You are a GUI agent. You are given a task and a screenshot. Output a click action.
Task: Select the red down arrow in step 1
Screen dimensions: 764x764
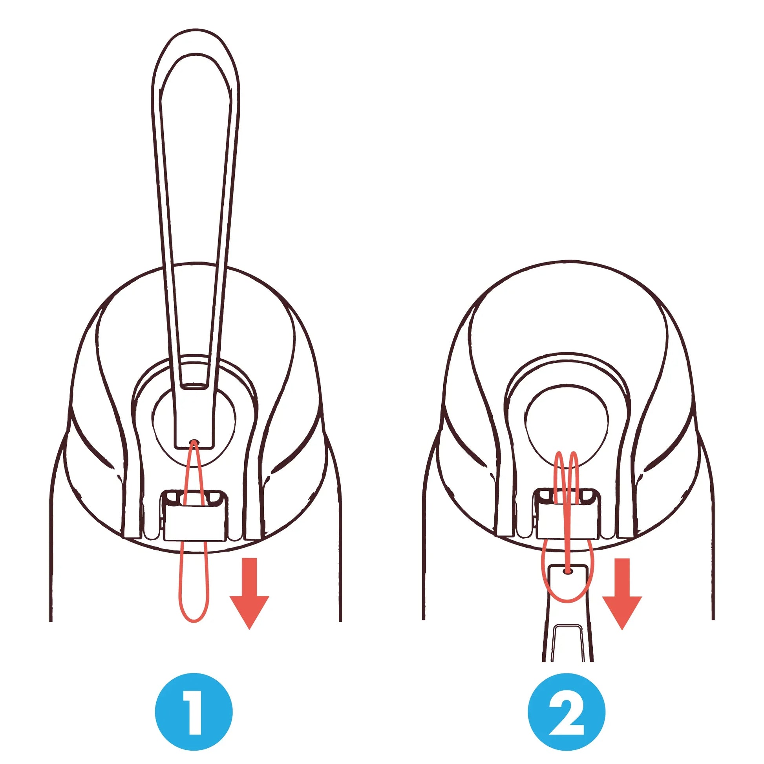pos(249,593)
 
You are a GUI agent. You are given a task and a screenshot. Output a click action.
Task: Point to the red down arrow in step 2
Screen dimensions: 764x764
pos(622,593)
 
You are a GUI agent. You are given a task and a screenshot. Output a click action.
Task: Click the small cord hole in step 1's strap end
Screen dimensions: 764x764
pos(194,442)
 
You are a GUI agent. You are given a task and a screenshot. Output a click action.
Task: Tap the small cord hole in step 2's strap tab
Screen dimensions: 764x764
pos(568,571)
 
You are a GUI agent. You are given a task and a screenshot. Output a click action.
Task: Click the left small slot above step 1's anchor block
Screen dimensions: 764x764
pos(173,497)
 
